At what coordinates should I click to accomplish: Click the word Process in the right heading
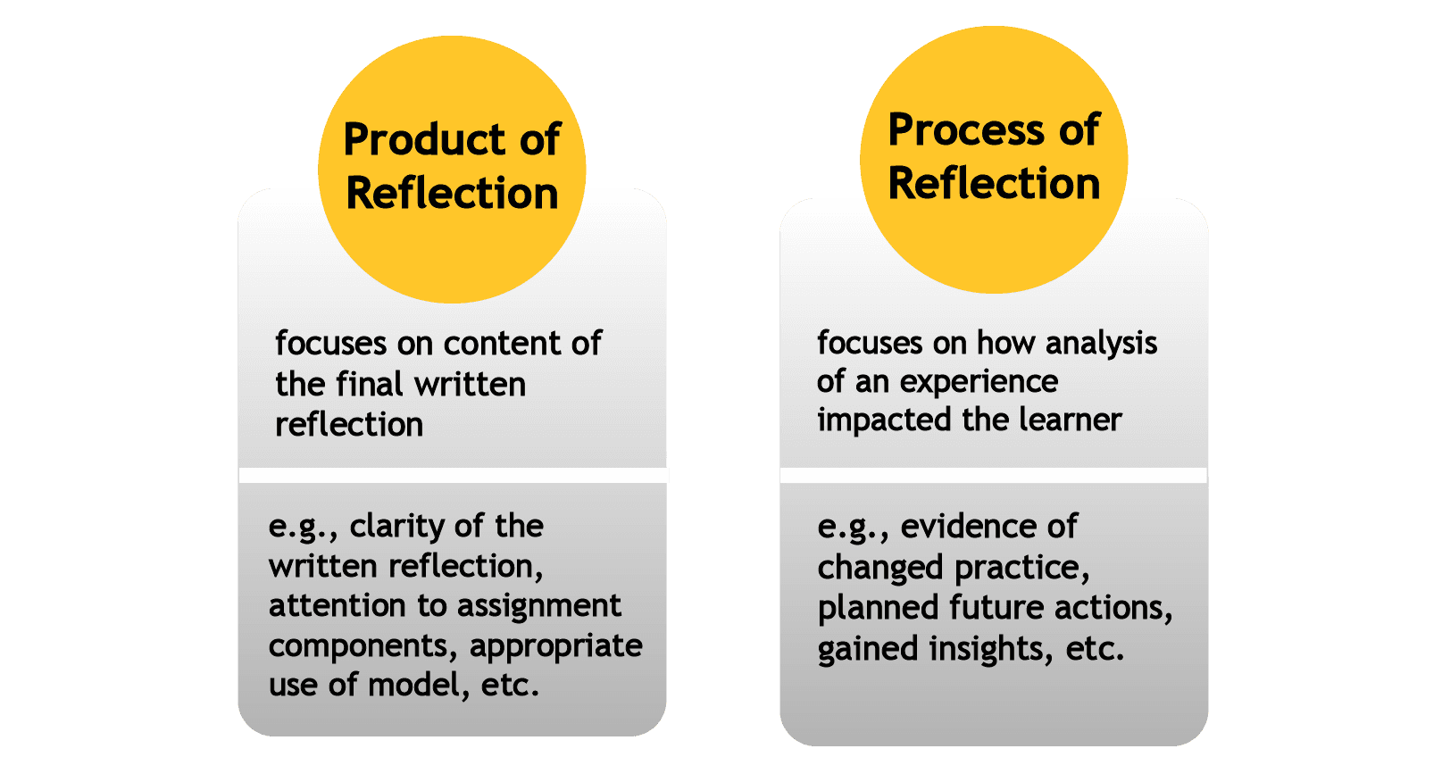tap(965, 130)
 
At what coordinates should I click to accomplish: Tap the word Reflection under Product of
tap(452, 194)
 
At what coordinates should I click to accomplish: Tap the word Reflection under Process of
tap(994, 184)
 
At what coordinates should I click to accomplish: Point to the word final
tap(369, 385)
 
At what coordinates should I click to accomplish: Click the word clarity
tap(394, 527)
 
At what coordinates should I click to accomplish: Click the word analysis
tap(1101, 344)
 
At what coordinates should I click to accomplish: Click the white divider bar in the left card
tap(453, 475)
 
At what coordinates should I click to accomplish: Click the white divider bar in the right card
tap(993, 475)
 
